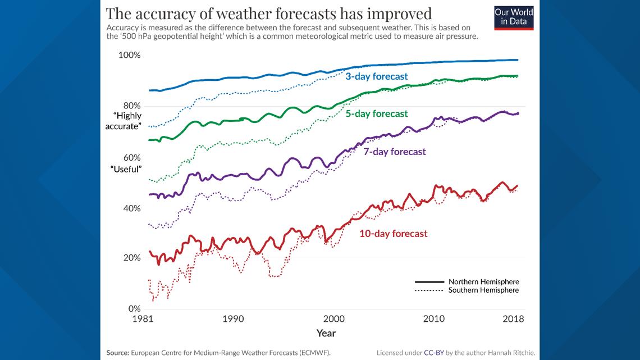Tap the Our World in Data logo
point(514,18)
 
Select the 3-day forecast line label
point(376,76)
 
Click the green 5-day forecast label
point(376,114)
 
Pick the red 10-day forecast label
point(393,234)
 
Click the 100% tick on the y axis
point(129,56)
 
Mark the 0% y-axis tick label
point(133,309)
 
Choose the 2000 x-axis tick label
point(333,319)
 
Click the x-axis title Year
point(326,333)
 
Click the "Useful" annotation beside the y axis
point(126,169)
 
